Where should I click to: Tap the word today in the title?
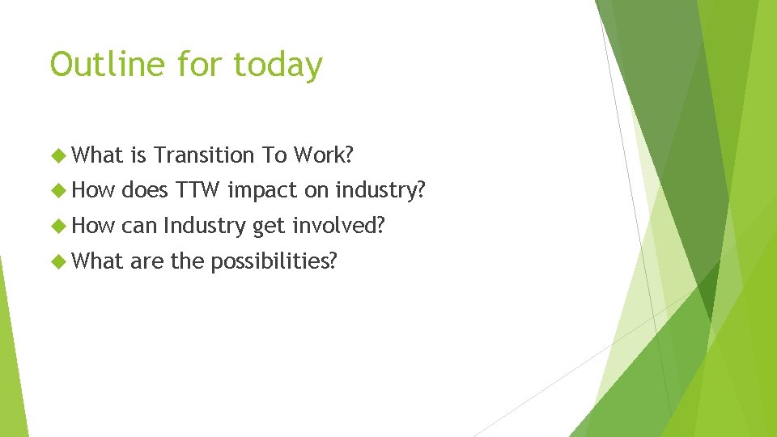coord(279,65)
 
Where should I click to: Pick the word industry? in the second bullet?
coord(380,190)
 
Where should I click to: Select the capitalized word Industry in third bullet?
coord(205,226)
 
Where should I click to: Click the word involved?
coord(338,226)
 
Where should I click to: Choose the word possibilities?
coord(273,261)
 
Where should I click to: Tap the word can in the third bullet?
coord(138,226)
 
